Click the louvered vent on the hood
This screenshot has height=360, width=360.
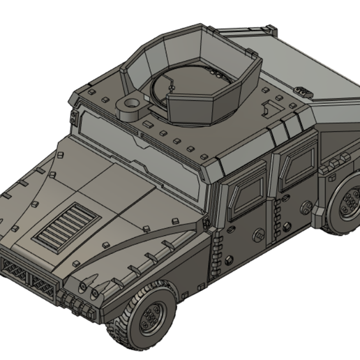coord(61,223)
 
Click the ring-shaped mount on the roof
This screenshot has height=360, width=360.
coord(130,106)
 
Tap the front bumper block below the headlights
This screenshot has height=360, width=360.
coord(77,302)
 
